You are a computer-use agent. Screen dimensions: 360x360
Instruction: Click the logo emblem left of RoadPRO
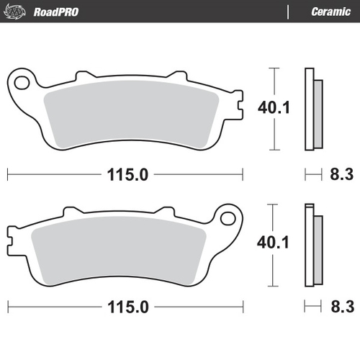[x=18, y=12]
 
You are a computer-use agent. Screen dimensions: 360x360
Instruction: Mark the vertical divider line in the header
[x=288, y=12]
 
